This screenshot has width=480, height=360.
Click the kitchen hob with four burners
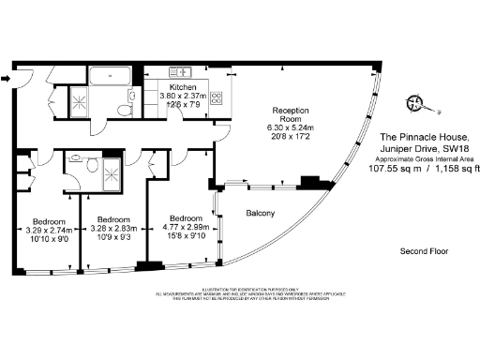click(217, 97)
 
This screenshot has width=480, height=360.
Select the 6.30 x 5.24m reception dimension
click(285, 128)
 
